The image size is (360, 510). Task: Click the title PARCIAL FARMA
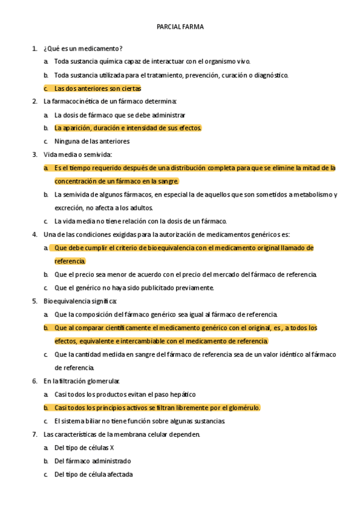point(180,27)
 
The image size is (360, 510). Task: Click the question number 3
point(34,155)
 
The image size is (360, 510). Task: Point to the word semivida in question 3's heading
point(90,155)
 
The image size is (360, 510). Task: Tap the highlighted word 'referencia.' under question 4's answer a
point(70,261)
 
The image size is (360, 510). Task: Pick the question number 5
point(34,301)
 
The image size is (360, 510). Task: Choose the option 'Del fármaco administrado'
point(93,461)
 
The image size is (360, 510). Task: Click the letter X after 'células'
point(112,447)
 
